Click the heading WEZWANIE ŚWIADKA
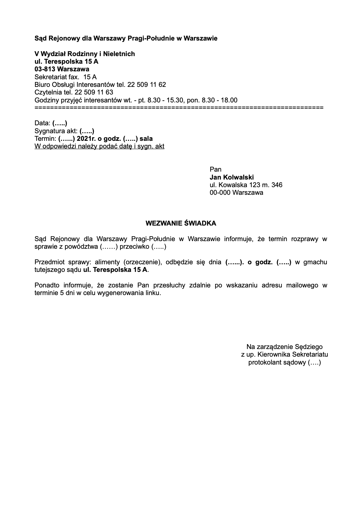coord(181,223)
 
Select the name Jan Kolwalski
coord(231,177)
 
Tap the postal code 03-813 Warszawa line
coord(62,69)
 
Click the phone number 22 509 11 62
coord(147,84)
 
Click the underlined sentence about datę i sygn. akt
coord(99,146)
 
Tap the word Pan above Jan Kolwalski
coord(215,169)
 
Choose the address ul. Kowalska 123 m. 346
coord(246,185)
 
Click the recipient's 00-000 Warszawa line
coord(236,193)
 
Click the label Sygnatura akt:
coord(56,131)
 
